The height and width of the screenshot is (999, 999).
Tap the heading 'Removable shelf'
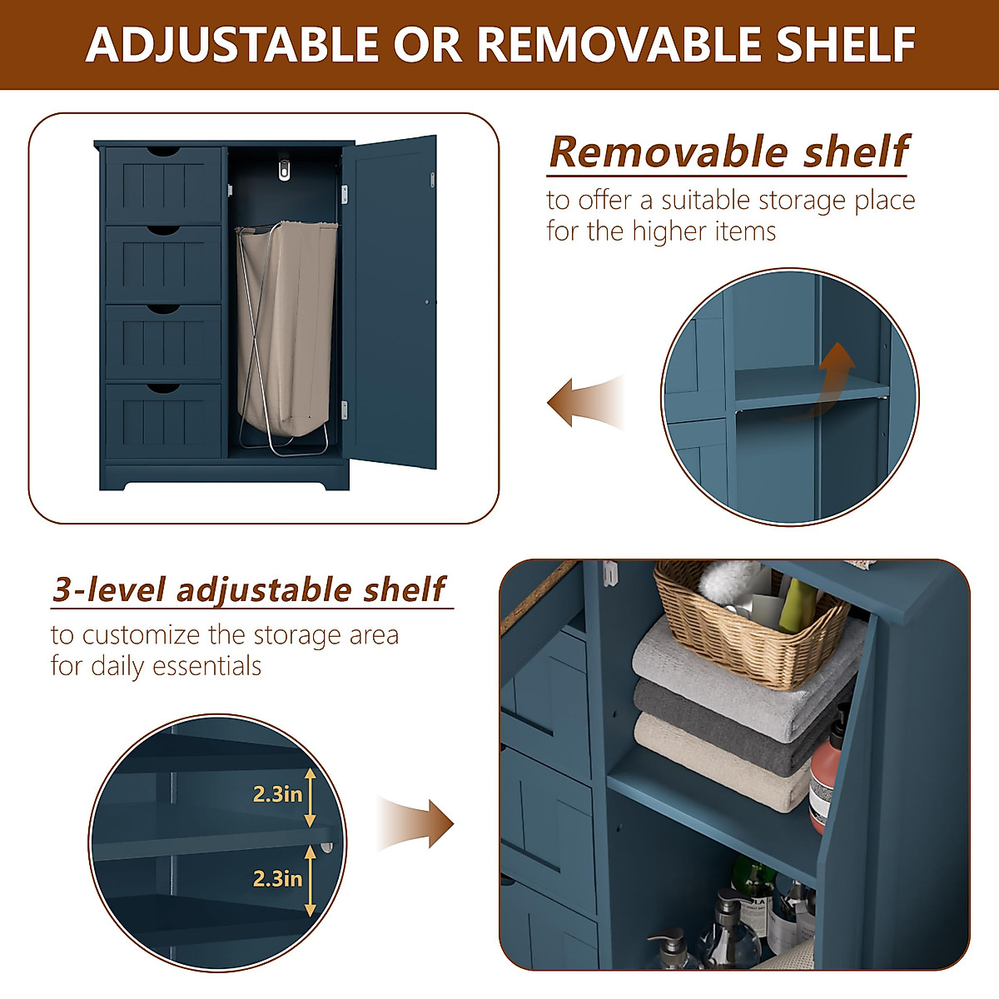coord(728,152)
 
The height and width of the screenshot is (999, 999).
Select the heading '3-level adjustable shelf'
coord(249,589)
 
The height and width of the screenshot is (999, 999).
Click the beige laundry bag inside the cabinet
coord(286,325)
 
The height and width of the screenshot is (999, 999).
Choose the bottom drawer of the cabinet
coord(163,420)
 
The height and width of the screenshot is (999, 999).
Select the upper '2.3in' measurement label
coord(277,795)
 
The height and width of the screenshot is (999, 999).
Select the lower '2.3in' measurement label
coord(277,878)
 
